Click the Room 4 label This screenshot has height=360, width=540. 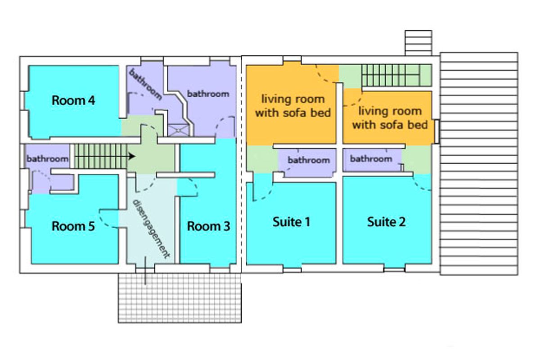coord(73,100)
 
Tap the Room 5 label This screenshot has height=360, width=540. coord(73,226)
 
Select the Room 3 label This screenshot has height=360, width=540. coord(208,226)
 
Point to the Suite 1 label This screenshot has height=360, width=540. coord(291,222)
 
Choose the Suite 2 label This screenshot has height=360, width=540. coord(387,222)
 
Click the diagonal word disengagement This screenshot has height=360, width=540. coord(151,229)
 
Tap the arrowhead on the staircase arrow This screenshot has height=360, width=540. coord(132,156)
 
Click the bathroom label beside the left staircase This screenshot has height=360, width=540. coord(48,159)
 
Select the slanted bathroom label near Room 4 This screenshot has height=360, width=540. coord(145,84)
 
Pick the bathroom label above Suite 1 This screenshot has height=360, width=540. coord(309,160)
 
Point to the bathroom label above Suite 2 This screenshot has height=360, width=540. coord(371,159)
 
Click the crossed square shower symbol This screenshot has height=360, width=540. coord(178,130)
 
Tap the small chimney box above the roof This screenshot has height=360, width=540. coord(418,43)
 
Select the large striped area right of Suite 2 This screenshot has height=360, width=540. coord(479,164)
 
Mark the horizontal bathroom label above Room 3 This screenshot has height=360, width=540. coord(208,94)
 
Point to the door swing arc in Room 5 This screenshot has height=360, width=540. coord(107,219)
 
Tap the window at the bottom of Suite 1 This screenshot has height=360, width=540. coord(292,270)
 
